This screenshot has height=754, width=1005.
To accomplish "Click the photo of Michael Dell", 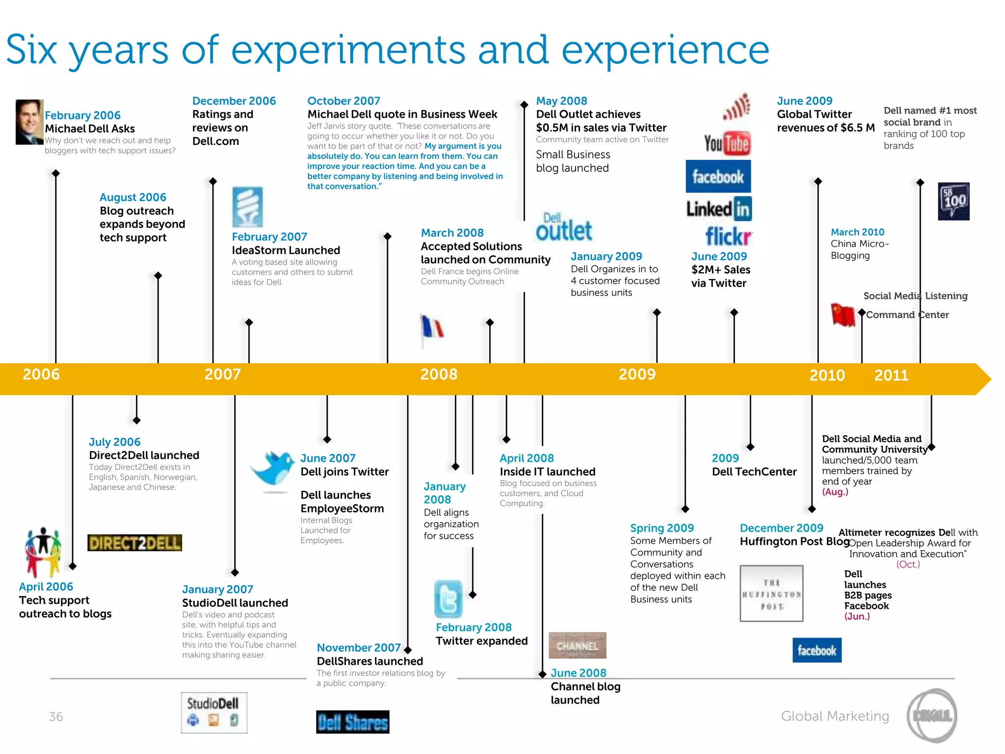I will [29, 122].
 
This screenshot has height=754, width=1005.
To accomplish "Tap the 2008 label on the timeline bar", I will [439, 375].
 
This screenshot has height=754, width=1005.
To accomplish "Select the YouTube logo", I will [726, 144].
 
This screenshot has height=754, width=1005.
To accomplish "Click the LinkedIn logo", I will [719, 209].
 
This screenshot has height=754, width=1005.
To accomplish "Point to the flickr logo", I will [728, 237].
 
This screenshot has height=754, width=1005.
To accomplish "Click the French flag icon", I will [432, 328].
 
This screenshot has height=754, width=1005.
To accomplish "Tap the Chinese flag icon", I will [843, 315].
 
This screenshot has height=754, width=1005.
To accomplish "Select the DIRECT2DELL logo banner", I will [134, 543].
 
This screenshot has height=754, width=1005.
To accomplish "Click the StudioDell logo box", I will [214, 713].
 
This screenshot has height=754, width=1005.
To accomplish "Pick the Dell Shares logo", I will [352, 722].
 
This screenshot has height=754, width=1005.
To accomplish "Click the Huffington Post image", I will [771, 593].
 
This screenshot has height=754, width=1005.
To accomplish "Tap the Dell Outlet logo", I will [564, 228].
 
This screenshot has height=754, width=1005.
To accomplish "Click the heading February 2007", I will [269, 237].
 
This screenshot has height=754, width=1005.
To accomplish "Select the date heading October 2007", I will [344, 101].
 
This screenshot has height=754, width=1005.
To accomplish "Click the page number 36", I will [56, 717].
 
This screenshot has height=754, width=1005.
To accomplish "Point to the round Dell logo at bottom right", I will [931, 716].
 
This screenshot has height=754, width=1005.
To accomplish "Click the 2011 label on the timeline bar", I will [891, 376].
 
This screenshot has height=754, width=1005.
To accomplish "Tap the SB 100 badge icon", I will [953, 201].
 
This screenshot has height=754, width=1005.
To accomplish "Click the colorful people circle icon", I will [43, 552].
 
